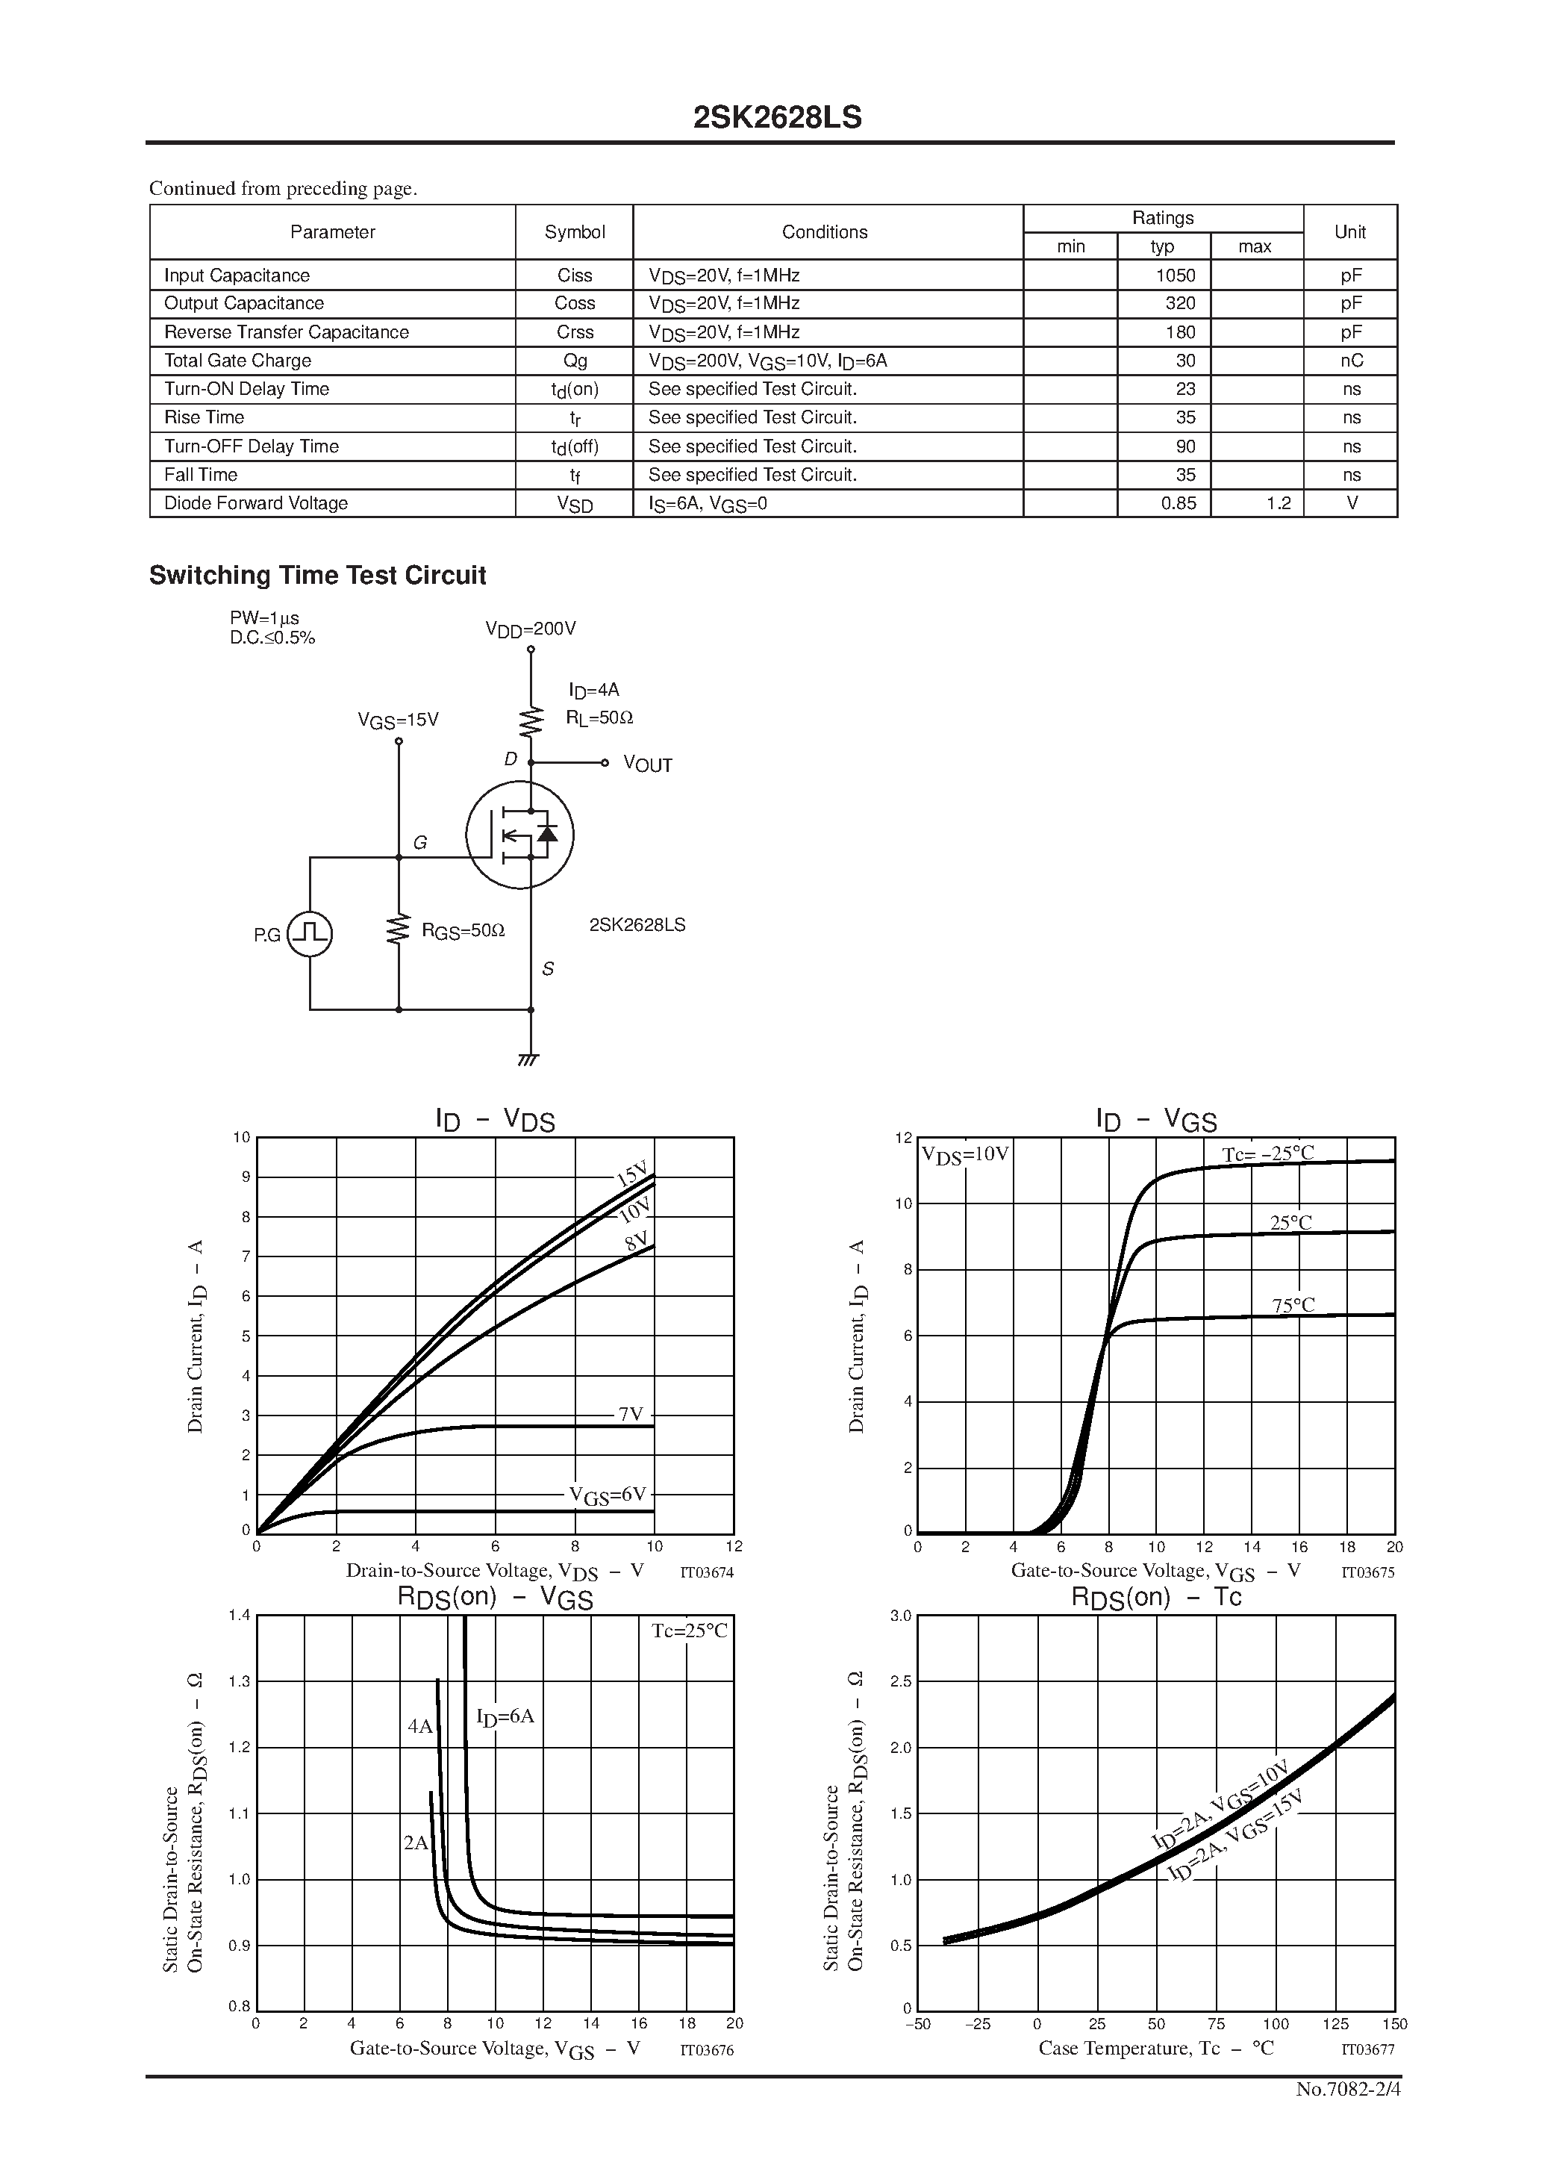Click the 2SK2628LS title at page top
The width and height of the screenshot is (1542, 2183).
pos(777,118)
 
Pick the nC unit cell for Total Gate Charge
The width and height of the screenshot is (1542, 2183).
pos(1350,361)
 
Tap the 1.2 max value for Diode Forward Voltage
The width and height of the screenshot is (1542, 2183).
pos(1279,504)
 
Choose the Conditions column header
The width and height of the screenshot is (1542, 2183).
pos(824,232)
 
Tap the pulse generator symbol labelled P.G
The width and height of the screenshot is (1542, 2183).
pos(310,934)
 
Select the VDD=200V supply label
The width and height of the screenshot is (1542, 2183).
pos(531,629)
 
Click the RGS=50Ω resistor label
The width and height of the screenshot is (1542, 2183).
pos(463,932)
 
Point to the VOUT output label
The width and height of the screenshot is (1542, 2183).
pos(647,765)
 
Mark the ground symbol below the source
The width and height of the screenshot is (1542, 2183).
pos(529,1059)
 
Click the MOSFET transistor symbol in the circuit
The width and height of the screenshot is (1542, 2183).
pos(520,835)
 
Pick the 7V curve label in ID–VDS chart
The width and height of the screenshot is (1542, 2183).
pos(630,1415)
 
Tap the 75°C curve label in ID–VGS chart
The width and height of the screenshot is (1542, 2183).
pos(1293,1306)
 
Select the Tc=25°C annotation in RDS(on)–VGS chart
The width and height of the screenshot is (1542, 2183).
pos(689,1631)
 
